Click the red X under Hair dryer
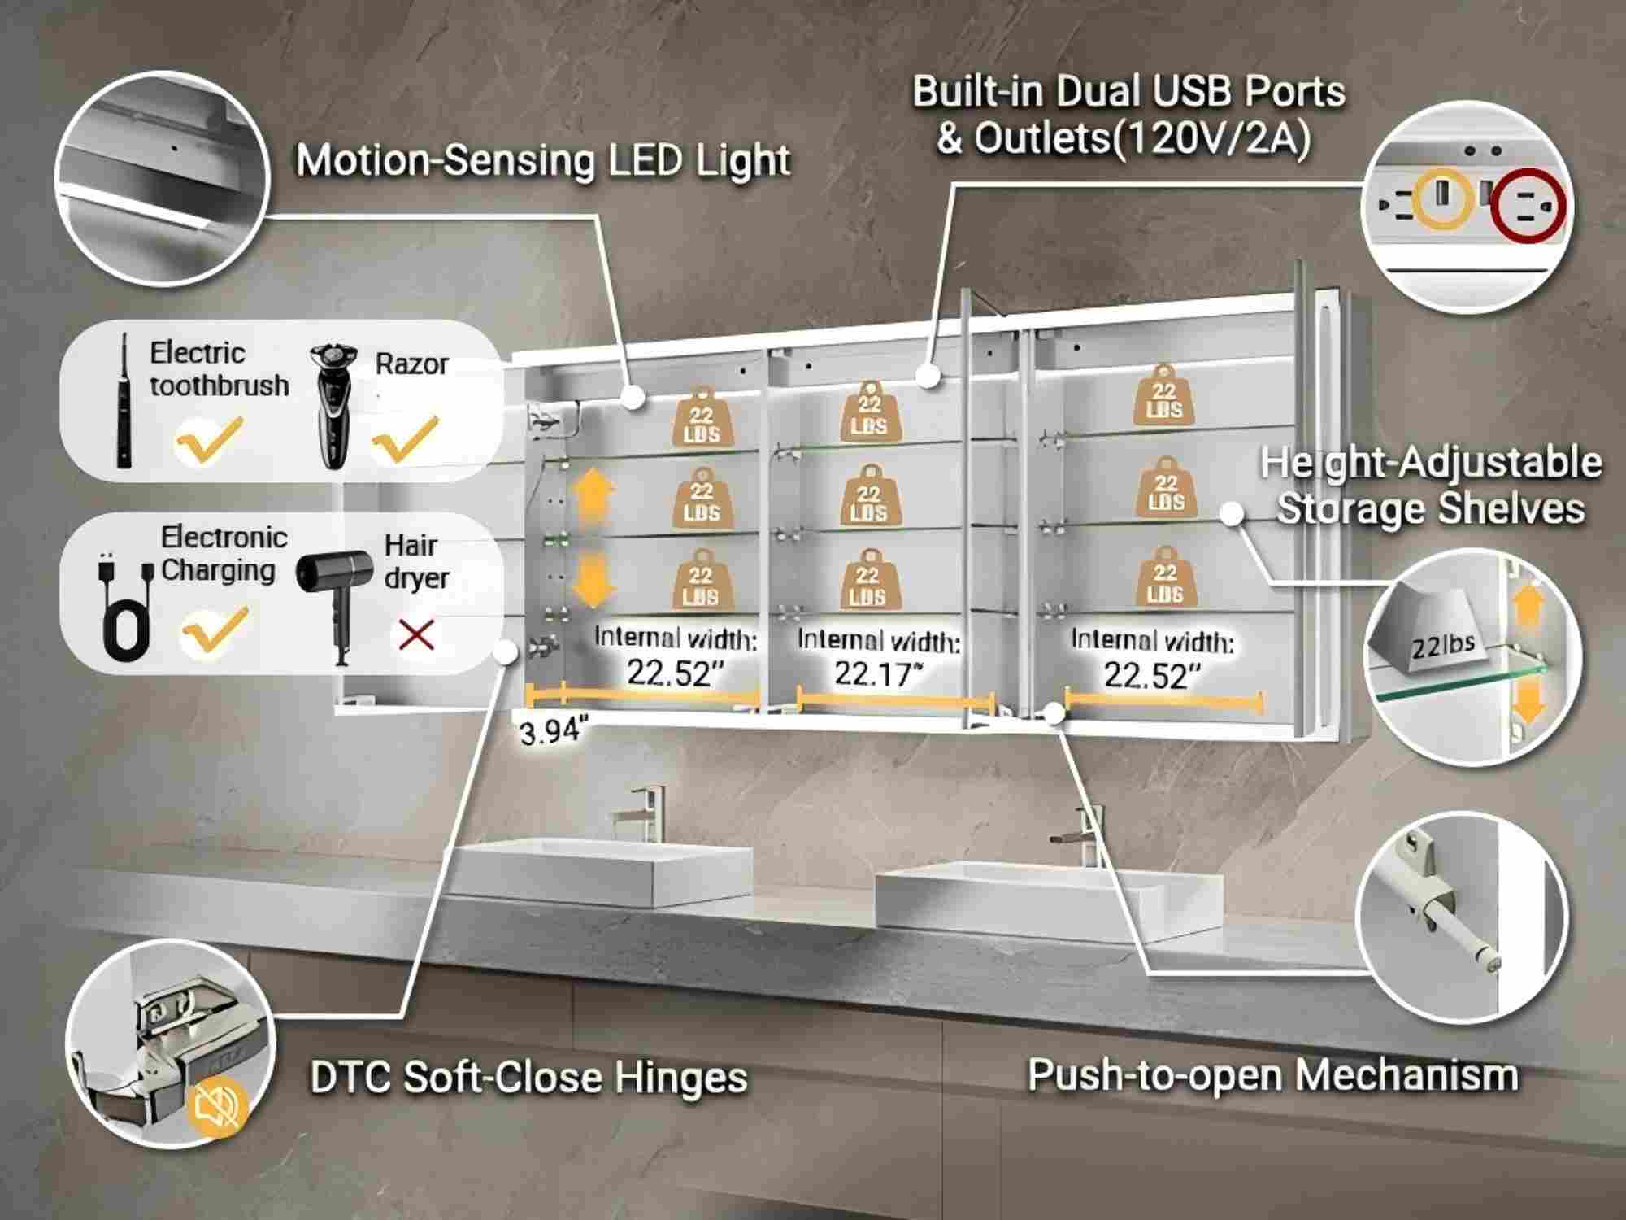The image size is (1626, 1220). [x=417, y=635]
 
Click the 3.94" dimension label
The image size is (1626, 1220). [x=554, y=733]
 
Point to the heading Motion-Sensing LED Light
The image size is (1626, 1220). [x=543, y=160]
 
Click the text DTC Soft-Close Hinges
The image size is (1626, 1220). [x=528, y=1078]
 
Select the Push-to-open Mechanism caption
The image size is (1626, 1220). [x=1272, y=1074]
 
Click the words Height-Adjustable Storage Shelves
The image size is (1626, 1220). [x=1431, y=486]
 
